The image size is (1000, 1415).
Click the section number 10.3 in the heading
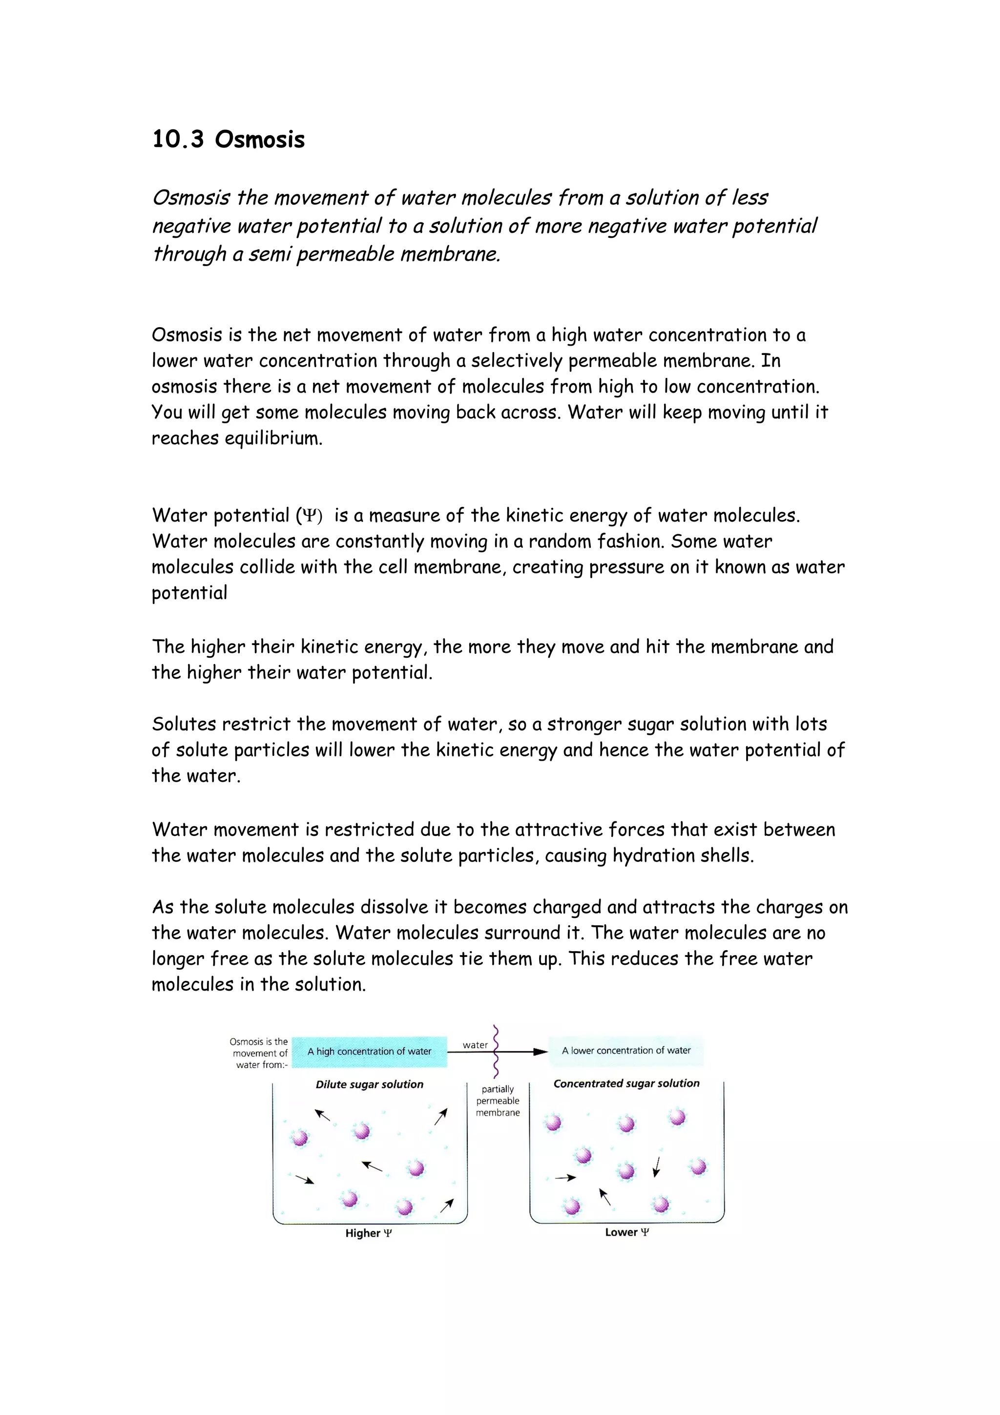point(177,139)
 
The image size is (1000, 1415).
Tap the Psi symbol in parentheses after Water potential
point(309,516)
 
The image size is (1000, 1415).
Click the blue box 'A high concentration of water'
point(369,1051)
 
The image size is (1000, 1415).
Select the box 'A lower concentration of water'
point(626,1050)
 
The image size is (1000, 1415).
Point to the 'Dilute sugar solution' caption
point(369,1084)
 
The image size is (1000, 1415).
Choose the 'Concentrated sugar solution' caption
point(626,1083)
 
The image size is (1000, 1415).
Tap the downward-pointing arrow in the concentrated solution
point(657,1166)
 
